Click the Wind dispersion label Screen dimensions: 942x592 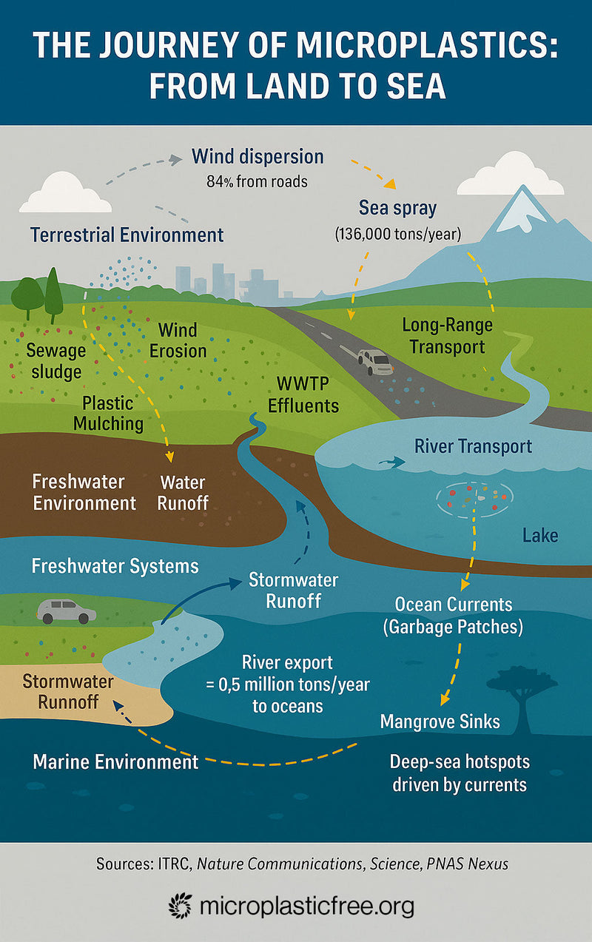[x=257, y=157]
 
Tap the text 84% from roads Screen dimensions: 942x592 [x=257, y=181]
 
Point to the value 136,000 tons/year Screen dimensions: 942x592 [x=398, y=234]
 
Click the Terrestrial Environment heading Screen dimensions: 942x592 [x=127, y=235]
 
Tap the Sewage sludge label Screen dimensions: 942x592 [x=55, y=360]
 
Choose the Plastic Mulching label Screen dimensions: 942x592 [x=112, y=413]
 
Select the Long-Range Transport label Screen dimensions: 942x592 [x=447, y=335]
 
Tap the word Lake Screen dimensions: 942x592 [x=539, y=534]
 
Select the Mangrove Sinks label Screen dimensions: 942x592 [x=440, y=721]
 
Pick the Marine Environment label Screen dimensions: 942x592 [x=115, y=761]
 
